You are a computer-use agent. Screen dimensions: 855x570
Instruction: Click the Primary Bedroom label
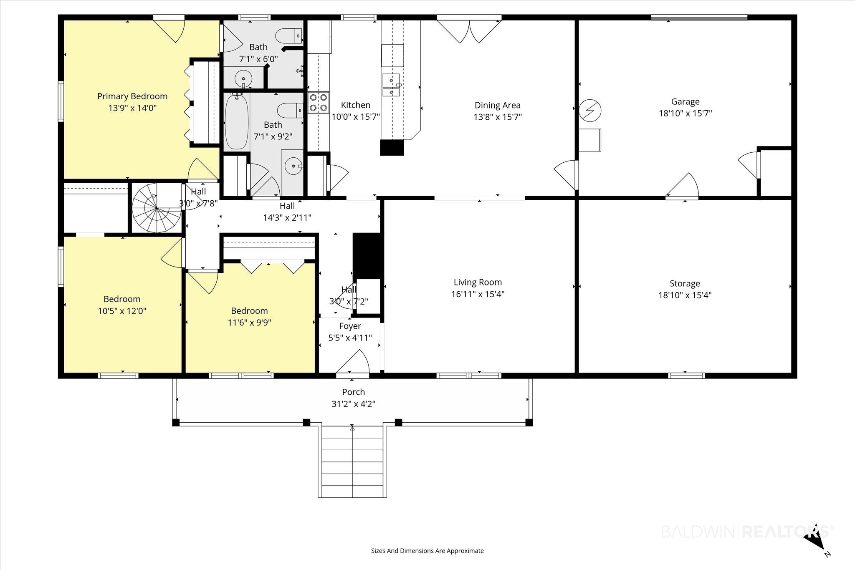coord(132,96)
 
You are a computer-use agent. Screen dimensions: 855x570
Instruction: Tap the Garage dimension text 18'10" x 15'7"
coord(685,113)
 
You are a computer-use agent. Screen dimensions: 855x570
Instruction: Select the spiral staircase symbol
coord(157,208)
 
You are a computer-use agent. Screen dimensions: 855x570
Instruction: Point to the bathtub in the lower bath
coord(237,121)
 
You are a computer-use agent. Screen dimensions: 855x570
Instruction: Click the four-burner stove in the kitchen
coord(319,102)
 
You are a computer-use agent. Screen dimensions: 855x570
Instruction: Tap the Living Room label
coord(478,282)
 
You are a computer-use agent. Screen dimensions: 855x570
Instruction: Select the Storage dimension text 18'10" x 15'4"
coord(685,295)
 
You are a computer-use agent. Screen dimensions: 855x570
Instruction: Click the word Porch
coord(353,392)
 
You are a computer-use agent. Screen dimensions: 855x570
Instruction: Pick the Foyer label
coord(350,326)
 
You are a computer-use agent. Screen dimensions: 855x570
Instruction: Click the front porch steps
coord(352,461)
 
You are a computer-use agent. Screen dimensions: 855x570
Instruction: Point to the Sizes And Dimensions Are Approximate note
coord(427,551)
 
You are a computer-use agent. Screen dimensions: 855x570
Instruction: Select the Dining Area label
coord(498,105)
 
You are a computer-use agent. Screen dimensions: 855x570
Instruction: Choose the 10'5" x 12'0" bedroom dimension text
coord(122,311)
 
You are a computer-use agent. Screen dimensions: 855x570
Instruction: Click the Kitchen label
coord(356,105)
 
